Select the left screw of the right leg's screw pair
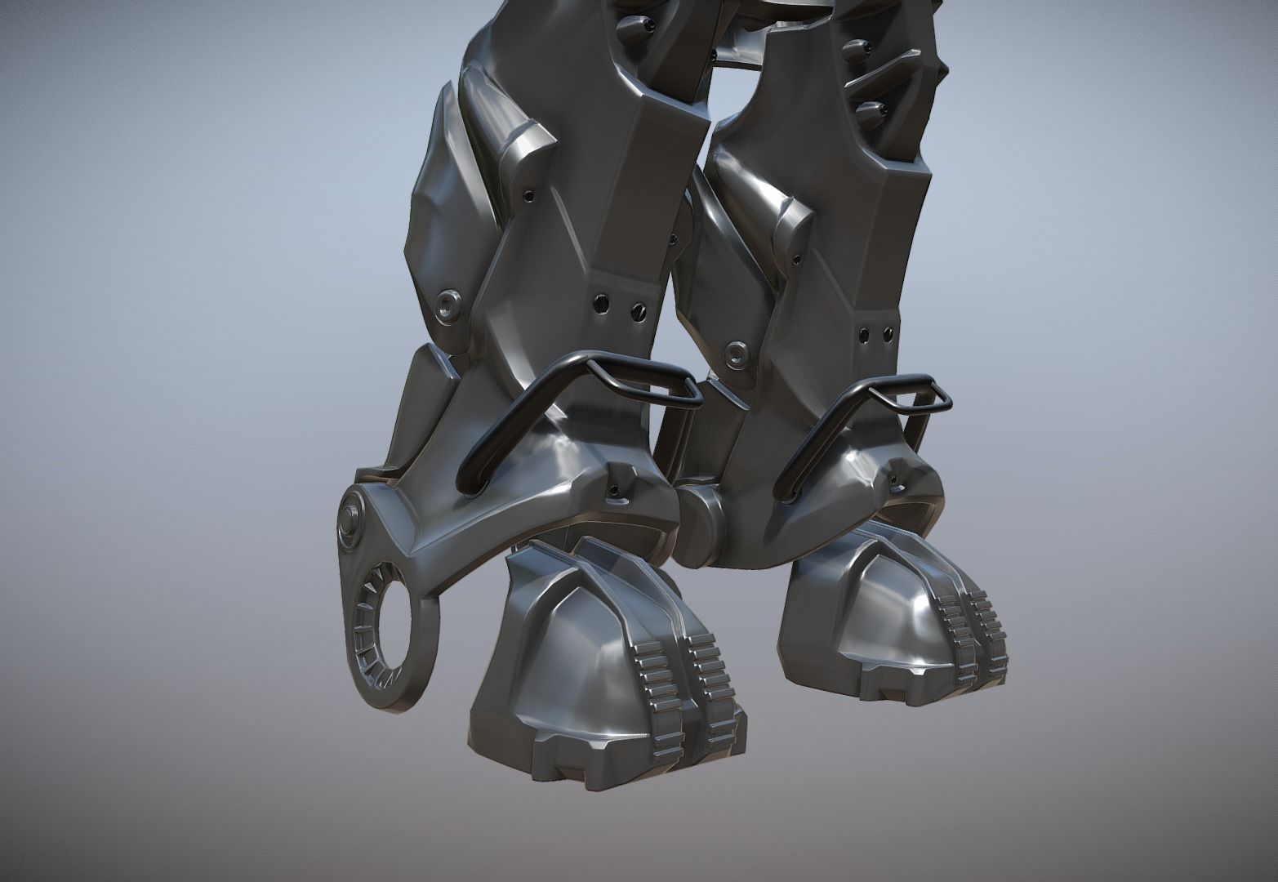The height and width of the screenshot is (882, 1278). coord(866,332)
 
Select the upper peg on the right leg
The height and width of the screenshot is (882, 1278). coord(855,46)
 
